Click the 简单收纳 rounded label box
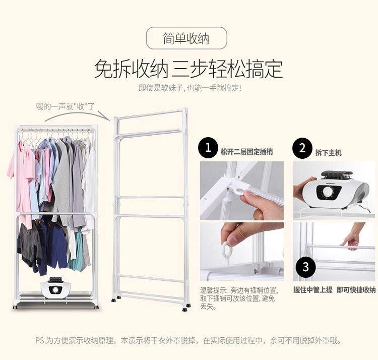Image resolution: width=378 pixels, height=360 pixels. pos(186,38)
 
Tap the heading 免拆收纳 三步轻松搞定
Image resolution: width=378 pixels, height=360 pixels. pos(188,70)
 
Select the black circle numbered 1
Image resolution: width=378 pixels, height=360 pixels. pos(208,148)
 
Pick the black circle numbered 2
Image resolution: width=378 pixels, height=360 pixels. pos(302,148)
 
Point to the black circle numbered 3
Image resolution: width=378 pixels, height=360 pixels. pos(306,267)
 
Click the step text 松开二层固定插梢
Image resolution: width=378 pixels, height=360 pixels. pos(246,152)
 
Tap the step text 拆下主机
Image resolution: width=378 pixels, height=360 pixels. pos(328,152)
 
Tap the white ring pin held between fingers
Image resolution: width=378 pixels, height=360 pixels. pos(227,251)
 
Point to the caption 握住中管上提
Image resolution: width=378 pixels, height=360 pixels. pos(312,289)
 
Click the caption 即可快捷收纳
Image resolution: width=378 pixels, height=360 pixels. pos(356,289)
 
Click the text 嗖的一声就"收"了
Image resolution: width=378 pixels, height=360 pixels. pos(66,106)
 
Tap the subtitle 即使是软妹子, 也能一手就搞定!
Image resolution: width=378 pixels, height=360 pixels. pos(190,88)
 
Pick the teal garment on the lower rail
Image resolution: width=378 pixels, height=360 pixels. pos(77,251)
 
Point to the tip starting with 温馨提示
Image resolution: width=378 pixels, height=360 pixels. pos(239,298)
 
